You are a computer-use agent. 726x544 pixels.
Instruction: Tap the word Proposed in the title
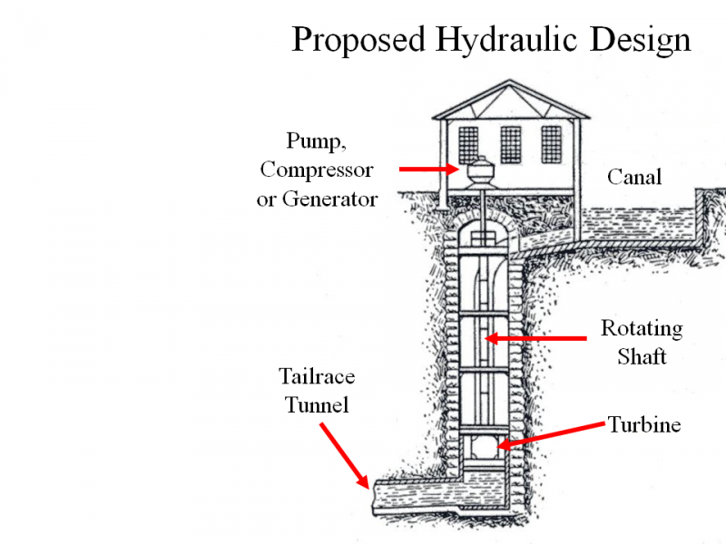[358, 40]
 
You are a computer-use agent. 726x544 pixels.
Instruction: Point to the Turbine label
[644, 424]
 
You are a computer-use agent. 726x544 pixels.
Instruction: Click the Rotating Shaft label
[642, 342]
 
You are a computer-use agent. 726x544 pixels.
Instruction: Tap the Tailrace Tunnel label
[317, 390]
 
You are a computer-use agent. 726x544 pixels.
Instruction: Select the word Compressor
[317, 170]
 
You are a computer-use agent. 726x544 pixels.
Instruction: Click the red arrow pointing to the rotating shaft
[535, 339]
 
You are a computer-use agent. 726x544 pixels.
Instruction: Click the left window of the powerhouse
[468, 145]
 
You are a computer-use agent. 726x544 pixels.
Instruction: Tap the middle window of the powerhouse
[511, 145]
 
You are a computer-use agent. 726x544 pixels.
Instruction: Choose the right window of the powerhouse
[551, 145]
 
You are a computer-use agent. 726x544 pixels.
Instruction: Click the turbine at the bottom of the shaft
[484, 447]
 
